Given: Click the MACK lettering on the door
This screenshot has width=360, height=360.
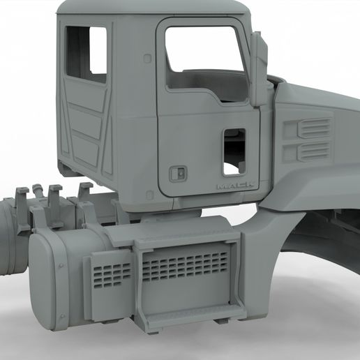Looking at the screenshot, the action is tap(234, 186).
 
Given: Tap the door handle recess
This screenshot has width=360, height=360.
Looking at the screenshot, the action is tap(178, 174).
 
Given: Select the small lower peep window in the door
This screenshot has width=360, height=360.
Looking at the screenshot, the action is tap(234, 152).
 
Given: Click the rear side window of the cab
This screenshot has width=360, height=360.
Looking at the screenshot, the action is tap(87, 54).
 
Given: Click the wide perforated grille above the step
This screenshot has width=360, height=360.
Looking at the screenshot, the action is tap(185, 267).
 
